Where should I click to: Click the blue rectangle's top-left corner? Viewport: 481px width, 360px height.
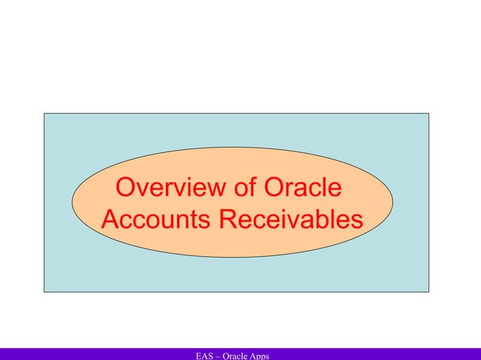point(44,114)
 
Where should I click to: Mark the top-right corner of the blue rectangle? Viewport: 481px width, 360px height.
point(428,114)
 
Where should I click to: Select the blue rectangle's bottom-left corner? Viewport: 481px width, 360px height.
point(44,291)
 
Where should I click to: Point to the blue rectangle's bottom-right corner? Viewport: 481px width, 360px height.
point(428,291)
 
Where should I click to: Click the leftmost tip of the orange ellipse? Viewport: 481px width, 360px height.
point(72,203)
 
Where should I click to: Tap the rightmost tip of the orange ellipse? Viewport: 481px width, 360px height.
point(393,203)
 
